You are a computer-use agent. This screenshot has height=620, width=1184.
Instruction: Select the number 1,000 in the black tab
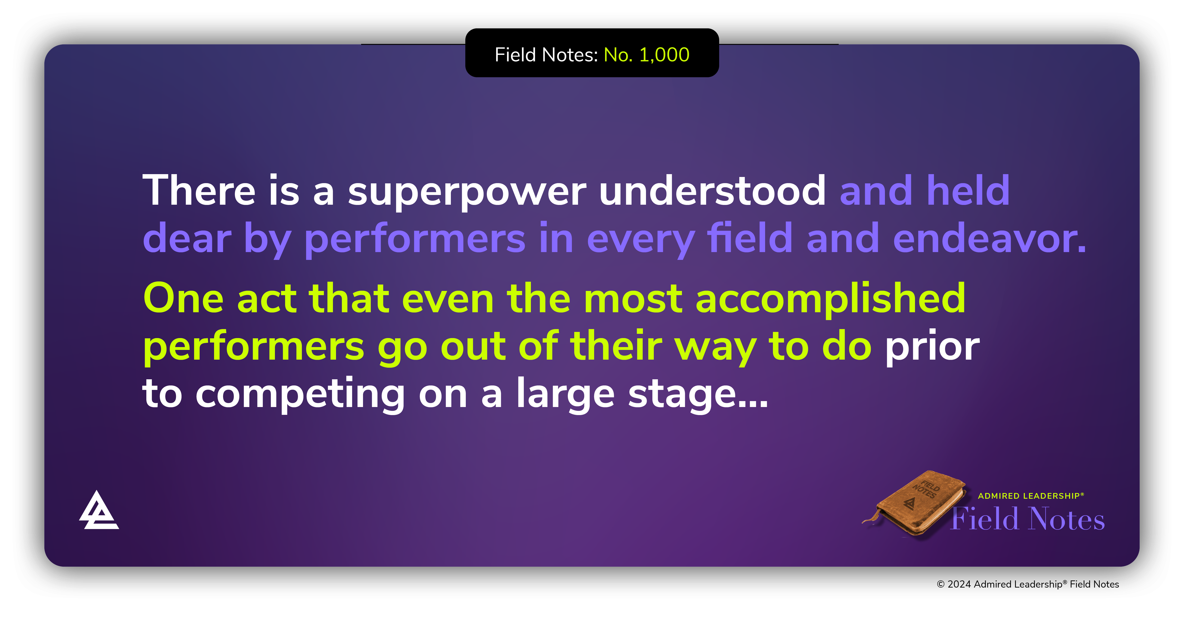coord(664,55)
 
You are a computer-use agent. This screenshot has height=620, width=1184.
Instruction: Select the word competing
coord(300,395)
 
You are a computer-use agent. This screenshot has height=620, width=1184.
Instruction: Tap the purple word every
coord(640,239)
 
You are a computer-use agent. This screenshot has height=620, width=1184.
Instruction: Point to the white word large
coord(565,395)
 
